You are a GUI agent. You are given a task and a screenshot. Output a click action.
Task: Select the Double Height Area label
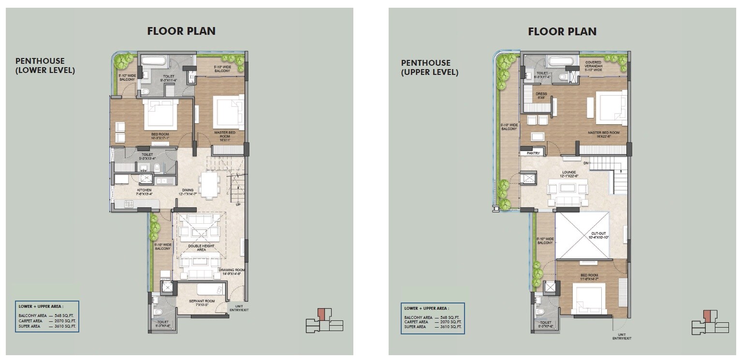[201, 248]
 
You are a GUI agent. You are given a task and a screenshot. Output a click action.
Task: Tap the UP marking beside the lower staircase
[237, 204]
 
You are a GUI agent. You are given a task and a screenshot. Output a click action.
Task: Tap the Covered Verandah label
[593, 66]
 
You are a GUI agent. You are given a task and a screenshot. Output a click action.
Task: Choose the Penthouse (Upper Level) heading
[429, 68]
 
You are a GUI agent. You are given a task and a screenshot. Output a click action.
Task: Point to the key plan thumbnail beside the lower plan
[324, 321]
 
